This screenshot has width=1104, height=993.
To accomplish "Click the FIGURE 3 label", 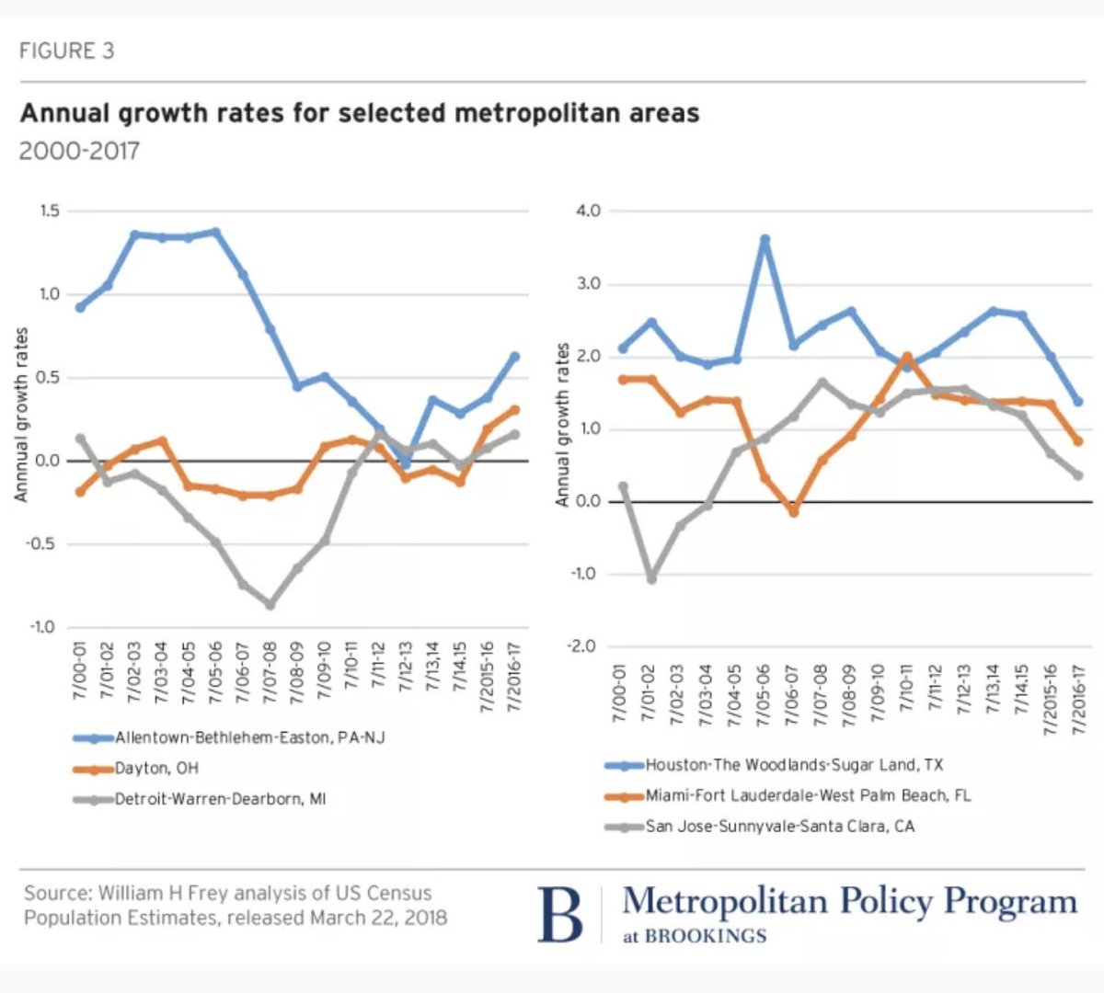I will (x=66, y=51).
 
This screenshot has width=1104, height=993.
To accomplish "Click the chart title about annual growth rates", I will (x=360, y=113).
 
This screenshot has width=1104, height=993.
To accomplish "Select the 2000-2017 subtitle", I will (x=79, y=151).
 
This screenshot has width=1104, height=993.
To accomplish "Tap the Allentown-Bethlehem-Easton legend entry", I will (x=248, y=737).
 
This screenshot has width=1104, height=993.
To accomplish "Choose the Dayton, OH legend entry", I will (x=156, y=769).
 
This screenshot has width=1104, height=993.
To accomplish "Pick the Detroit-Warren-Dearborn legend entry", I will (x=220, y=799).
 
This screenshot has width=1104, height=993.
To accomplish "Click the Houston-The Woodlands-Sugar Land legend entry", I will (x=793, y=765).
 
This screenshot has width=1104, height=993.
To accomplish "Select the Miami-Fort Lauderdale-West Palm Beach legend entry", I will (x=808, y=795).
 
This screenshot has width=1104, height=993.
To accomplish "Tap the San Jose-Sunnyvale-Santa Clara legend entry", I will (x=779, y=826).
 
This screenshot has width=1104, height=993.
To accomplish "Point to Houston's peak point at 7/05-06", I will (x=765, y=240).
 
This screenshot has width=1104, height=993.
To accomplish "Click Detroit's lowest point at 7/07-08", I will (x=270, y=604).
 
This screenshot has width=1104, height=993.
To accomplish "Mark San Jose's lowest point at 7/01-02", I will (x=651, y=578).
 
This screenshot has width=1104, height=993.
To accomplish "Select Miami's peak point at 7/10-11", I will (x=906, y=357).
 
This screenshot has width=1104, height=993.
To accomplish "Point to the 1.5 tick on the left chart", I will (x=50, y=211).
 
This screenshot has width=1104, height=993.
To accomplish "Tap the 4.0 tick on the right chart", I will (x=588, y=211).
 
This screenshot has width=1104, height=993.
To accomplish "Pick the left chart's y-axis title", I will (x=21, y=414).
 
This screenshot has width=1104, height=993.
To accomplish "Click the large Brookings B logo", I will (x=560, y=914).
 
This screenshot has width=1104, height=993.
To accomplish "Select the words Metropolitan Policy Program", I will (x=848, y=902).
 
